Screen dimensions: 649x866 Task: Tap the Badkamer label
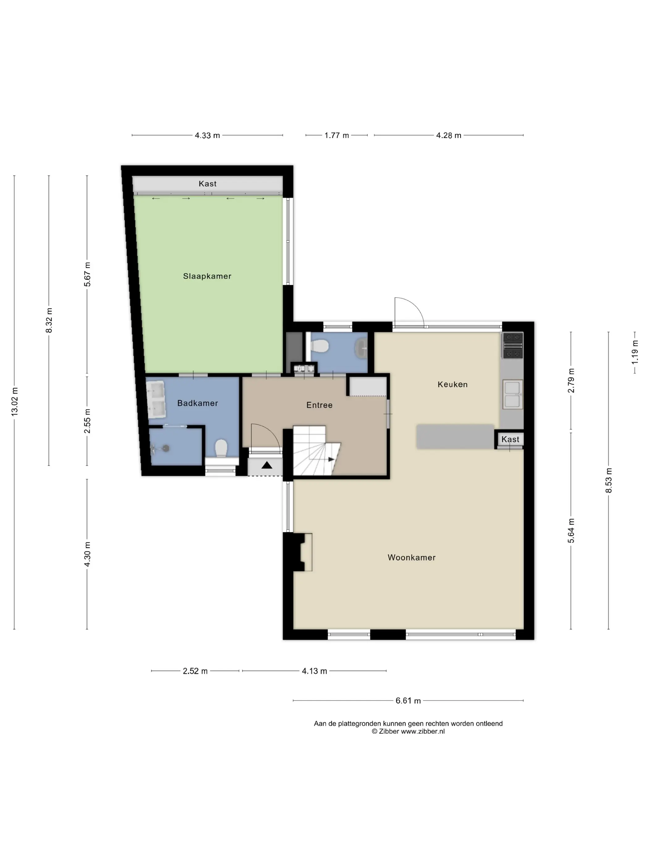(197, 403)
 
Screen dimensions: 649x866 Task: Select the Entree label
(319, 405)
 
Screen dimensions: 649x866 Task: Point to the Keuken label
(453, 384)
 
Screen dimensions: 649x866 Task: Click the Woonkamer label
(412, 558)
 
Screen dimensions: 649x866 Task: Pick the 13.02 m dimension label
(15, 402)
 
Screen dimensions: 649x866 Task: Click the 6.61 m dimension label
(408, 701)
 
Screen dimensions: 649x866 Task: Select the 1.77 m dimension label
(337, 135)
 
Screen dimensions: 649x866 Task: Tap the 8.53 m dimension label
(609, 480)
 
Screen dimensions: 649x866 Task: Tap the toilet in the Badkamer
(221, 448)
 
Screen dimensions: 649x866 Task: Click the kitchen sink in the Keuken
(512, 394)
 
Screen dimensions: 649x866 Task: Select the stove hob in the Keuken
(512, 345)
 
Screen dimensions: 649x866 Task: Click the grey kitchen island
(455, 436)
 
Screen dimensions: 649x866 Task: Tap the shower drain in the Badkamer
(166, 448)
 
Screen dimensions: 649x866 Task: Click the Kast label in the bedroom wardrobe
(207, 184)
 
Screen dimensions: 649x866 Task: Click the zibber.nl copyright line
(408, 731)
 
